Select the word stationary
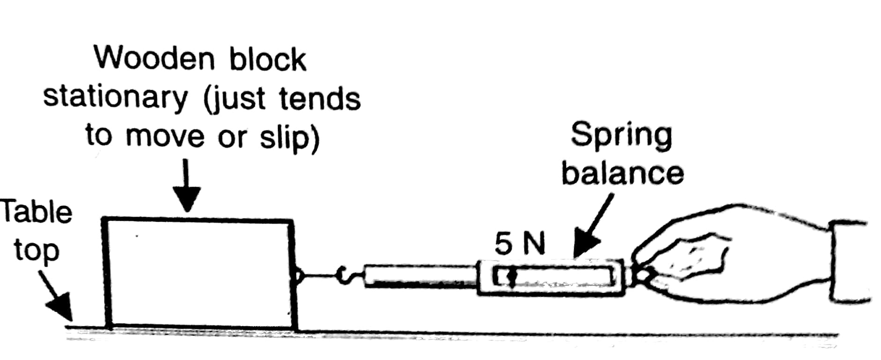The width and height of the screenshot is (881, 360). click(x=115, y=97)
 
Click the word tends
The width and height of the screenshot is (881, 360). click(x=320, y=98)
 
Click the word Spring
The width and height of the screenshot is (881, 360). click(x=621, y=136)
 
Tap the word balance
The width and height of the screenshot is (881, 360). click(x=622, y=173)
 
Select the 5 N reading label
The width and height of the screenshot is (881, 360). click(x=520, y=244)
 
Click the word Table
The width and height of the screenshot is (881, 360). click(x=37, y=212)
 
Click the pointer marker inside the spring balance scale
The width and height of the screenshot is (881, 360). click(x=511, y=277)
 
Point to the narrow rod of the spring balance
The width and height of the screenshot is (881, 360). click(x=419, y=276)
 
